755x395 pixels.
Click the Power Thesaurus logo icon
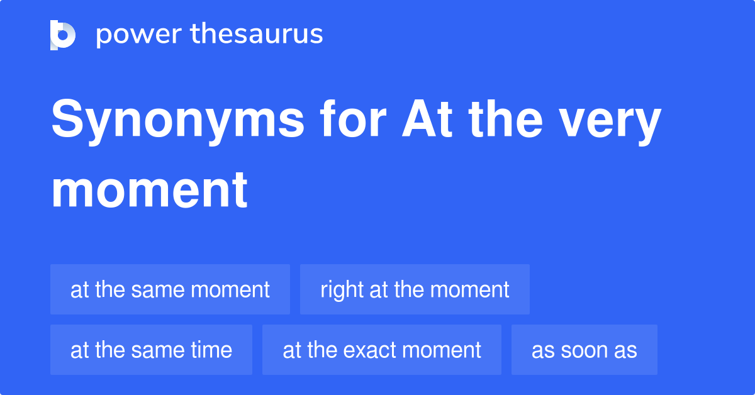63,35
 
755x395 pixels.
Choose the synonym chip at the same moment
170,289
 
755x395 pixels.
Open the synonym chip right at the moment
415,289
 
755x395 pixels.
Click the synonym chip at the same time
151,350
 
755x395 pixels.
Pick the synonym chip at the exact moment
382,350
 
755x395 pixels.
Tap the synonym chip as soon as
584,350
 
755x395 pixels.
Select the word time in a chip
212,350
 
